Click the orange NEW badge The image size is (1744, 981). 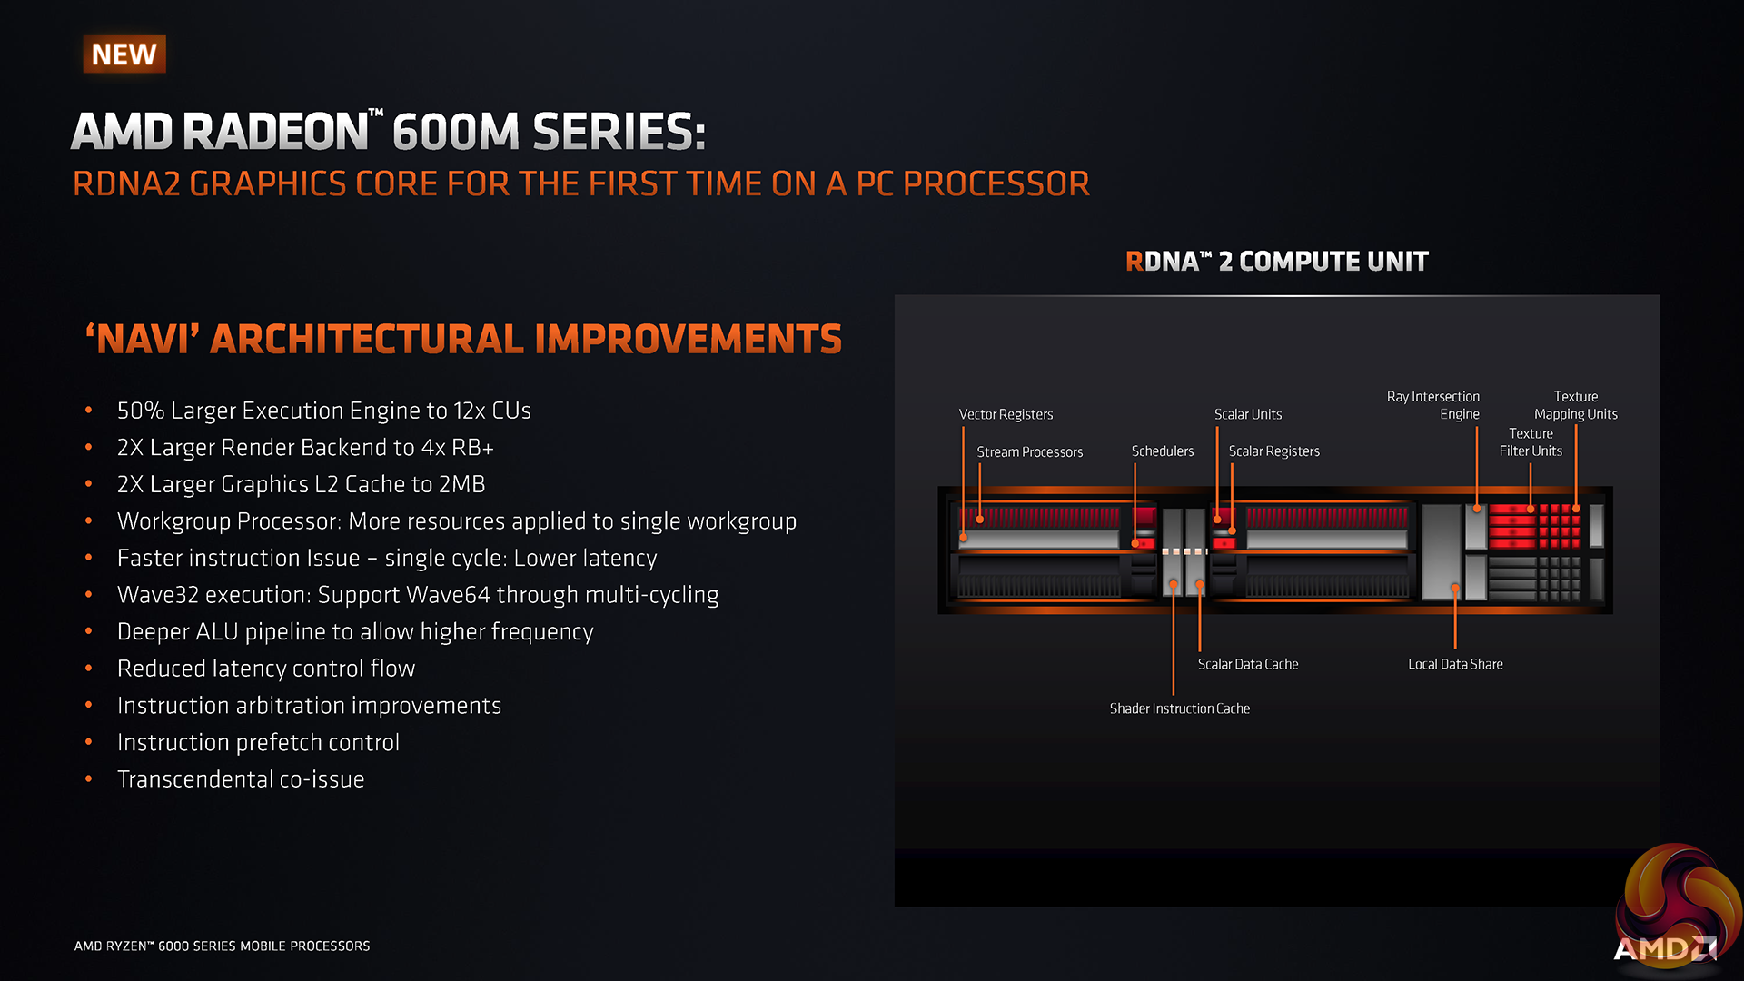[124, 54]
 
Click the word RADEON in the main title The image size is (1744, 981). [276, 132]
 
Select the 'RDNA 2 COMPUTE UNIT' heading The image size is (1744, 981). [1276, 262]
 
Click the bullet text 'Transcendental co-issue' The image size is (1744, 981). [241, 779]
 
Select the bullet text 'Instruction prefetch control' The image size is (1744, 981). [258, 742]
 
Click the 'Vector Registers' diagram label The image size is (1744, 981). [1006, 414]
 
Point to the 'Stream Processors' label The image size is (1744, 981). [1029, 451]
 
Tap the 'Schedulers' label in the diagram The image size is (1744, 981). [1162, 451]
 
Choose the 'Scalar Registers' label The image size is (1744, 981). [1273, 451]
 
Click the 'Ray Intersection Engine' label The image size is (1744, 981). [1433, 405]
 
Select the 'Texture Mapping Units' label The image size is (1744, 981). [1576, 405]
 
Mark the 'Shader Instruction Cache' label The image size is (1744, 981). [1179, 708]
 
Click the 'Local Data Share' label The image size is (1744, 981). [1455, 664]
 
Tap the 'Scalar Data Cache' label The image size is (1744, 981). [1247, 664]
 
